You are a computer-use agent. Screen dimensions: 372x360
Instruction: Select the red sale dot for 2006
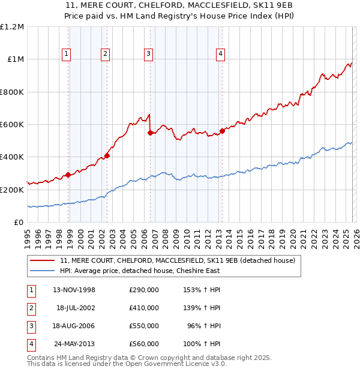click(x=150, y=133)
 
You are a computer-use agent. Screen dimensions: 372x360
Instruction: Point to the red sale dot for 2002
click(x=107, y=155)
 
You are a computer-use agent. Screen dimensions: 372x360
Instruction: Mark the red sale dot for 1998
click(x=68, y=175)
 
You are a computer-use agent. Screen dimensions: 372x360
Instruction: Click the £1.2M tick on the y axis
click(x=12, y=27)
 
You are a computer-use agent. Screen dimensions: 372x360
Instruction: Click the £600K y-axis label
click(x=12, y=125)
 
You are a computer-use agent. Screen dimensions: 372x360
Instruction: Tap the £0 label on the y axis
click(x=18, y=223)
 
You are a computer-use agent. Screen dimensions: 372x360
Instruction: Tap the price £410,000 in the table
click(x=144, y=308)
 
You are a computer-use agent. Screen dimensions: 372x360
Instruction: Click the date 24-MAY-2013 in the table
click(x=74, y=344)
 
